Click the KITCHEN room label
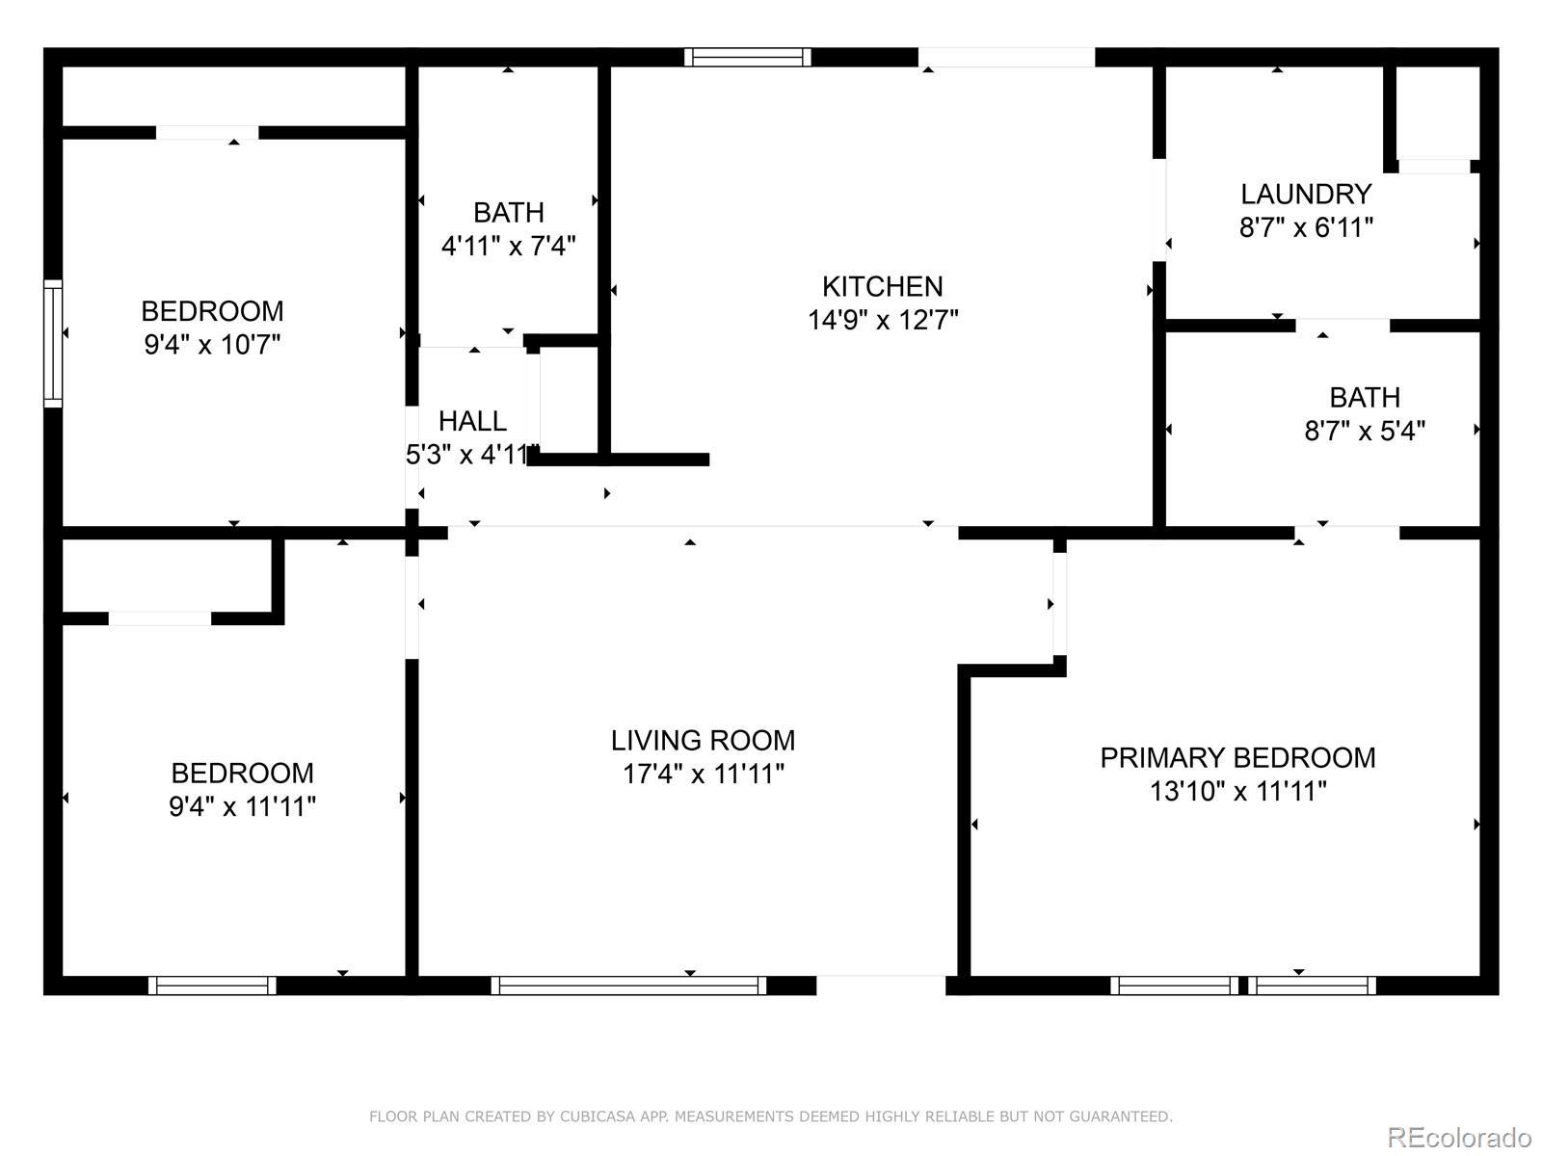[883, 286]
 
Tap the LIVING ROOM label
[703, 741]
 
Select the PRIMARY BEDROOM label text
[1237, 758]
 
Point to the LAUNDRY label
[1306, 194]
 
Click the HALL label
[472, 421]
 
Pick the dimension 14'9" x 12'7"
[883, 320]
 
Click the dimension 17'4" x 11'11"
[704, 775]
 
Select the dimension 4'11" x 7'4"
[508, 247]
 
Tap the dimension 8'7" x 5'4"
[1365, 431]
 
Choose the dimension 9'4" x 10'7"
[212, 345]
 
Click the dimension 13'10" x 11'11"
[1237, 792]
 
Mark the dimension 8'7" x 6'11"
[1306, 227]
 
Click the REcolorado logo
[1459, 1137]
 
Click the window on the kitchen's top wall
[748, 57]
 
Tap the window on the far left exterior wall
[53, 343]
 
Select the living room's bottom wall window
[628, 985]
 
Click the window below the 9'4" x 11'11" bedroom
[212, 985]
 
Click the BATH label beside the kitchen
[509, 213]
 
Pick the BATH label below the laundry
[1365, 398]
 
